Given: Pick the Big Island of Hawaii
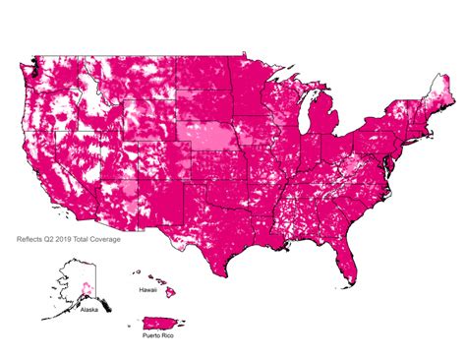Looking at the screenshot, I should coord(170,294).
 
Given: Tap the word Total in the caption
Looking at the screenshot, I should coord(92,238).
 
